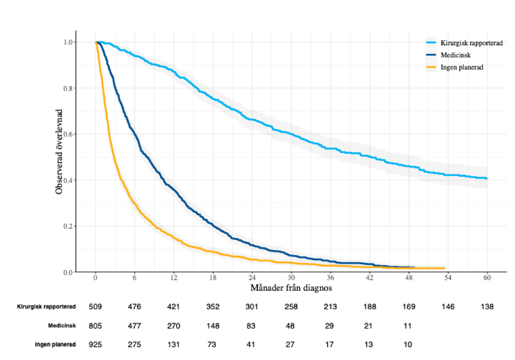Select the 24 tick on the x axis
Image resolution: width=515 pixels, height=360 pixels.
coord(252,279)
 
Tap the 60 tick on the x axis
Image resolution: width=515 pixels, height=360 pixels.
coord(487,279)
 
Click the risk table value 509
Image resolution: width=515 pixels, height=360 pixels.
coord(95,306)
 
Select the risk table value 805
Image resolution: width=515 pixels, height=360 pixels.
coord(95,325)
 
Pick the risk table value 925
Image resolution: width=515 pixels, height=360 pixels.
coord(95,344)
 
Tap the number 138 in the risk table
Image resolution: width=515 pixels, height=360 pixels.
coord(487,306)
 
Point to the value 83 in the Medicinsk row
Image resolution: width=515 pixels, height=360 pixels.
coord(252,325)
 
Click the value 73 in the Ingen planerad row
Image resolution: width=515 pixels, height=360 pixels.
coord(213,344)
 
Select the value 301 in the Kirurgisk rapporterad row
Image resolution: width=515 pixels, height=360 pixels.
coord(252,306)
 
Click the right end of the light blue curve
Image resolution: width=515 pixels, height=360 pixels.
coord(486,178)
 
